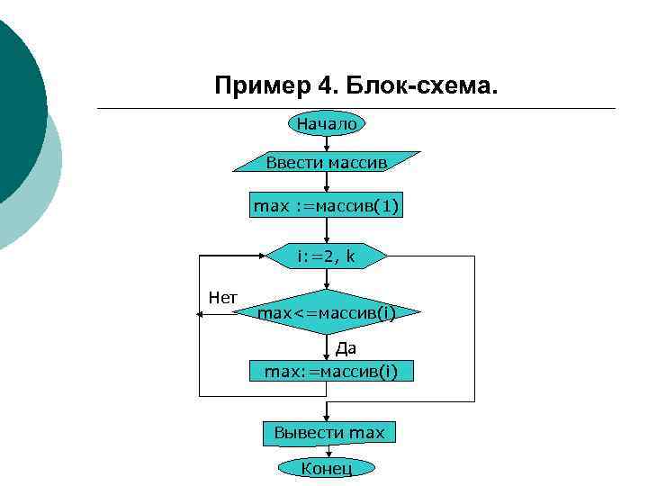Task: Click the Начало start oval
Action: [x=327, y=124]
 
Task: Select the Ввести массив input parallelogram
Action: [x=327, y=162]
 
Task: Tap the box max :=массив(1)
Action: [x=327, y=207]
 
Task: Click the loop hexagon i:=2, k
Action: [x=327, y=256]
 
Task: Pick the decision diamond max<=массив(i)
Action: [x=327, y=313]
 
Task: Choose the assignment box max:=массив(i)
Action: [x=331, y=370]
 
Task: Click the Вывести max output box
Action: [x=329, y=433]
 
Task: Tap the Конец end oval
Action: [x=327, y=468]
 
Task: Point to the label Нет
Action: [x=222, y=297]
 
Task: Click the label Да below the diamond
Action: [x=346, y=348]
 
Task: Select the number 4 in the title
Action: [x=326, y=87]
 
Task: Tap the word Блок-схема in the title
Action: [x=420, y=87]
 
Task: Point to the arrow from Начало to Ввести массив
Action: [x=327, y=142]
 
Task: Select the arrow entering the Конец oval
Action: [x=327, y=453]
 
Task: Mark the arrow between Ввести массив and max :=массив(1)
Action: [x=327, y=184]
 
